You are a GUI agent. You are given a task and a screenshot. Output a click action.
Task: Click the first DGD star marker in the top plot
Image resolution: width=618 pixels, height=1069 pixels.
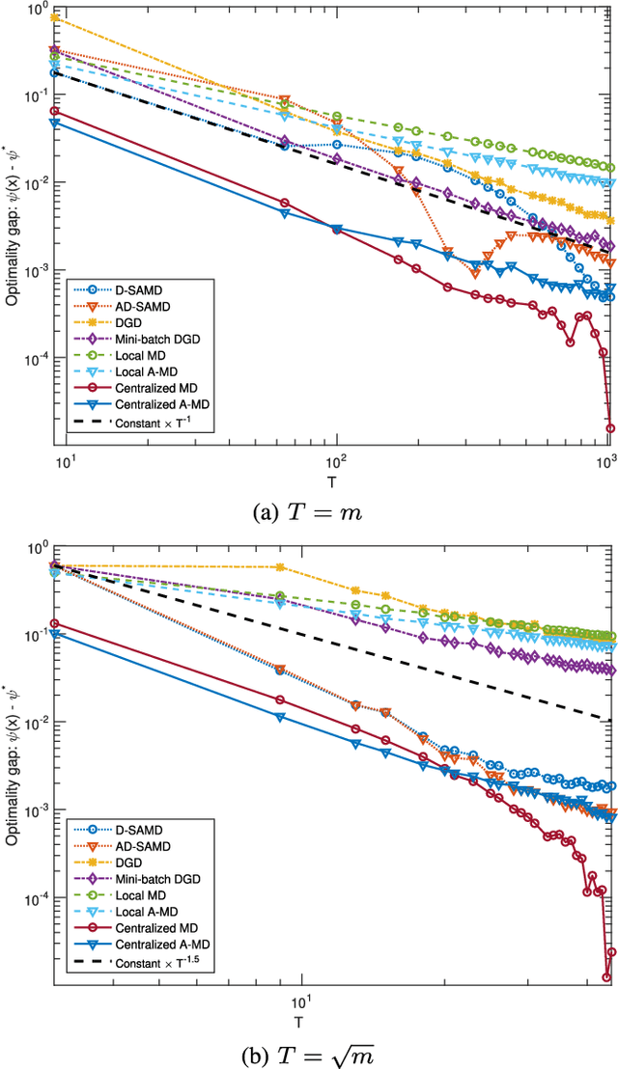tap(55, 18)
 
